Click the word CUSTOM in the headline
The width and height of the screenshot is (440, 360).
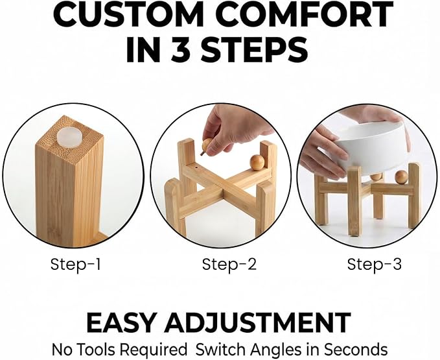128,14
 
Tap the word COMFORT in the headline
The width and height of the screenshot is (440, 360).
304,14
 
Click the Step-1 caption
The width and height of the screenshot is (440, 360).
75,264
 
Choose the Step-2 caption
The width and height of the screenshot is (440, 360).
229,264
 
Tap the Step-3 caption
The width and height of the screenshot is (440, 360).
374,264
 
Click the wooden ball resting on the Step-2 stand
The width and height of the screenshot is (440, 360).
257,163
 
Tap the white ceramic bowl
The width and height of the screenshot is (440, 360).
371,149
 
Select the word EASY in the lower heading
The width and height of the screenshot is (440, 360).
121,322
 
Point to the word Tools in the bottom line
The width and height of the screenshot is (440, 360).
96,350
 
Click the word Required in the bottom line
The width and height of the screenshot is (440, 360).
153,350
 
